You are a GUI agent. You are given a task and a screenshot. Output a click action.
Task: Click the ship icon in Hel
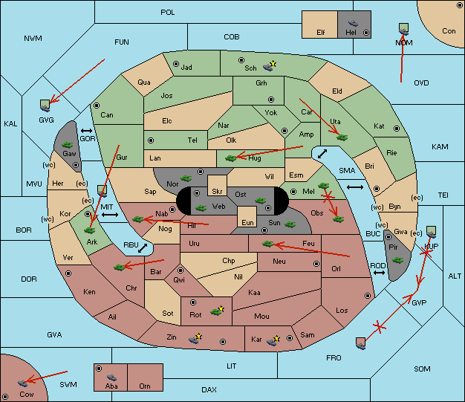coord(353,23)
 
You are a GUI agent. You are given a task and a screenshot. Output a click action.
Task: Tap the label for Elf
coord(321,33)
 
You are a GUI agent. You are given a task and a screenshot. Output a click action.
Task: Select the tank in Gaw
coord(67,145)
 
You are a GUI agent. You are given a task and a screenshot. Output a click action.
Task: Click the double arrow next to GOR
coord(87,131)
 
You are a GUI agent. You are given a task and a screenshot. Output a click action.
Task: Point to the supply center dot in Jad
coord(176,64)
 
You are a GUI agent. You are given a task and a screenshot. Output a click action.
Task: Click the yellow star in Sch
coord(273,63)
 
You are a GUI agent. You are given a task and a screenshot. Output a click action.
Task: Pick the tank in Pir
coord(397,260)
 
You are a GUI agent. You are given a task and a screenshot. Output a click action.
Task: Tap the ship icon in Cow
coord(22,383)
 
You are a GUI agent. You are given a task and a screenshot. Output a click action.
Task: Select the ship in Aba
coord(111,377)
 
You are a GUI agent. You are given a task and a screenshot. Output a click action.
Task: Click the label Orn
coord(145,386)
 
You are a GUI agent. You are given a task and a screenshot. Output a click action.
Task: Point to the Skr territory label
coord(217,192)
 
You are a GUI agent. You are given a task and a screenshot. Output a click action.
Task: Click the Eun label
coord(247,222)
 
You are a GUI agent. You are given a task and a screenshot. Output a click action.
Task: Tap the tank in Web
coord(201,207)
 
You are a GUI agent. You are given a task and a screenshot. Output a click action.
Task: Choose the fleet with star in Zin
coord(195,339)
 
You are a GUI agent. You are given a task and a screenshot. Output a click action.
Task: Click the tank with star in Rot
coord(217,311)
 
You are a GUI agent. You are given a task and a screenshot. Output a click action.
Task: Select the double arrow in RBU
coord(143,248)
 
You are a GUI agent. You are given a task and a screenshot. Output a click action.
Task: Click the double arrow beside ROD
coord(379,273)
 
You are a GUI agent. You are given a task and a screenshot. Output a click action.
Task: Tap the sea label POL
coord(168,13)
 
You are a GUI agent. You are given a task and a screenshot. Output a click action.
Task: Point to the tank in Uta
coord(342,137)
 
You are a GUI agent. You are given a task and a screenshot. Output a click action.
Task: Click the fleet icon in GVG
coord(45,106)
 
